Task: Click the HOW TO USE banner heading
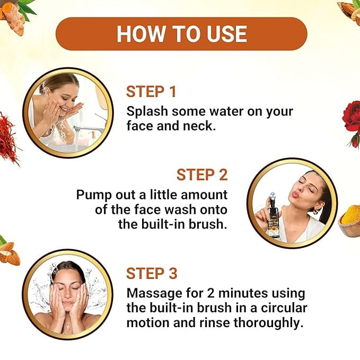tap(182, 34)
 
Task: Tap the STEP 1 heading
tap(151, 92)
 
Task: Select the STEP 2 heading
tap(202, 175)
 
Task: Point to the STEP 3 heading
tap(152, 273)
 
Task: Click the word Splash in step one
tap(147, 111)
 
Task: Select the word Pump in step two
tap(94, 196)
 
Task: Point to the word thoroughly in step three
tap(267, 323)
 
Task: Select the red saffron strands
tap(8, 138)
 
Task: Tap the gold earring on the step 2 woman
tap(317, 210)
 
